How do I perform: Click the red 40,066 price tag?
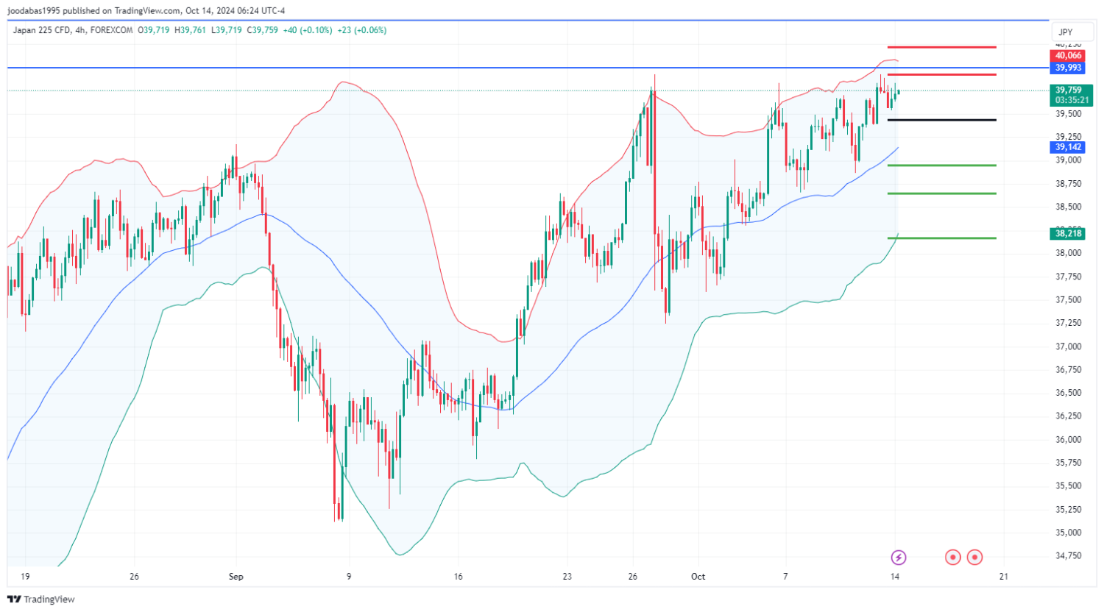click(x=1068, y=56)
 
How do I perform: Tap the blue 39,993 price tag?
click(x=1068, y=68)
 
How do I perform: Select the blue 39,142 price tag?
click(x=1068, y=147)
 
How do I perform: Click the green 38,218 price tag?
click(x=1068, y=233)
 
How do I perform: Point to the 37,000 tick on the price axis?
click(x=1068, y=346)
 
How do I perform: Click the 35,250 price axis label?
click(x=1068, y=509)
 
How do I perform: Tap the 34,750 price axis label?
click(x=1068, y=555)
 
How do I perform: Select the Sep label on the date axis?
click(x=236, y=577)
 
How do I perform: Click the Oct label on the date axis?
click(x=698, y=577)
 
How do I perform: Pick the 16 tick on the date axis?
click(x=458, y=577)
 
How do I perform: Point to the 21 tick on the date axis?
click(x=1003, y=577)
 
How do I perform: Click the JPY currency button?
click(x=1066, y=32)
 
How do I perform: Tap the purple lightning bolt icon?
click(x=898, y=557)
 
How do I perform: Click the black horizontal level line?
click(x=942, y=120)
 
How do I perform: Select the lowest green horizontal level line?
click(x=942, y=238)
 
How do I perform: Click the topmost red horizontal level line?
click(x=942, y=47)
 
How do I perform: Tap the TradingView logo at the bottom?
click(x=41, y=599)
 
